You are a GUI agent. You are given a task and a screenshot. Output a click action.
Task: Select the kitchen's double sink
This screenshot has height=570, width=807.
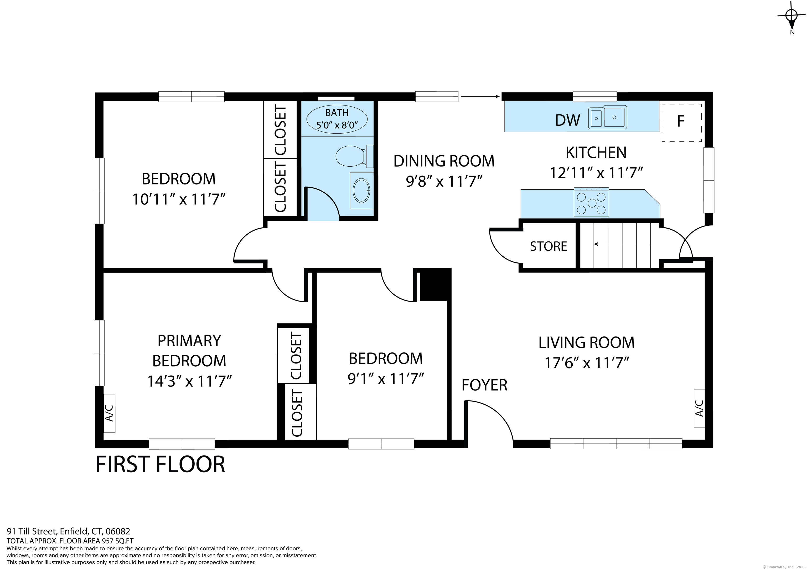click(608, 117)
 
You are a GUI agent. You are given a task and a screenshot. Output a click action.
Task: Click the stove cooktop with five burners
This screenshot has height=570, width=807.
click(592, 202)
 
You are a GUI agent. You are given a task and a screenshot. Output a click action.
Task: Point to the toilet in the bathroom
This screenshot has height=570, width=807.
click(354, 156)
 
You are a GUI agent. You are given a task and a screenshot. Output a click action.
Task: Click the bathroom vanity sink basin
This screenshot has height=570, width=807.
click(361, 190)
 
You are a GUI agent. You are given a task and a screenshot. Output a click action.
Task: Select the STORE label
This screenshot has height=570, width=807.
click(548, 246)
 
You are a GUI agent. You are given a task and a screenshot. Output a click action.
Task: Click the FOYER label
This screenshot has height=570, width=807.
click(484, 385)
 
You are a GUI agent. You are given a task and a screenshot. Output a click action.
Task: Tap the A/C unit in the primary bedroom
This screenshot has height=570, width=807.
click(109, 413)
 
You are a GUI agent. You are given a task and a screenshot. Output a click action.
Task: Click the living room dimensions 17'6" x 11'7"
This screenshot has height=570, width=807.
click(586, 363)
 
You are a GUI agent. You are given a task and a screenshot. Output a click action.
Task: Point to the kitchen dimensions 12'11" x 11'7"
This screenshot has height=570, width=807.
click(596, 173)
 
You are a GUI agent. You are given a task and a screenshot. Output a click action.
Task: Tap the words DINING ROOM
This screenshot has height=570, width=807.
click(444, 161)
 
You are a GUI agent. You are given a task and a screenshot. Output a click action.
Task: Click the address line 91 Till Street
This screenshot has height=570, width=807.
click(69, 531)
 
